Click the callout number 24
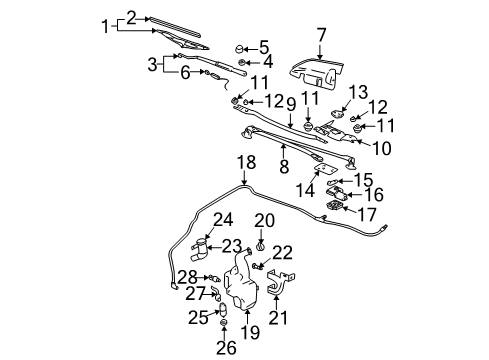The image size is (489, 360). point(222,246)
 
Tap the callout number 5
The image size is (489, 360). point(264,46)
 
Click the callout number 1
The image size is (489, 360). point(107,25)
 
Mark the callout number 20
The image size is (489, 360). point(263,246)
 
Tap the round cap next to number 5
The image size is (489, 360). point(240,47)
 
